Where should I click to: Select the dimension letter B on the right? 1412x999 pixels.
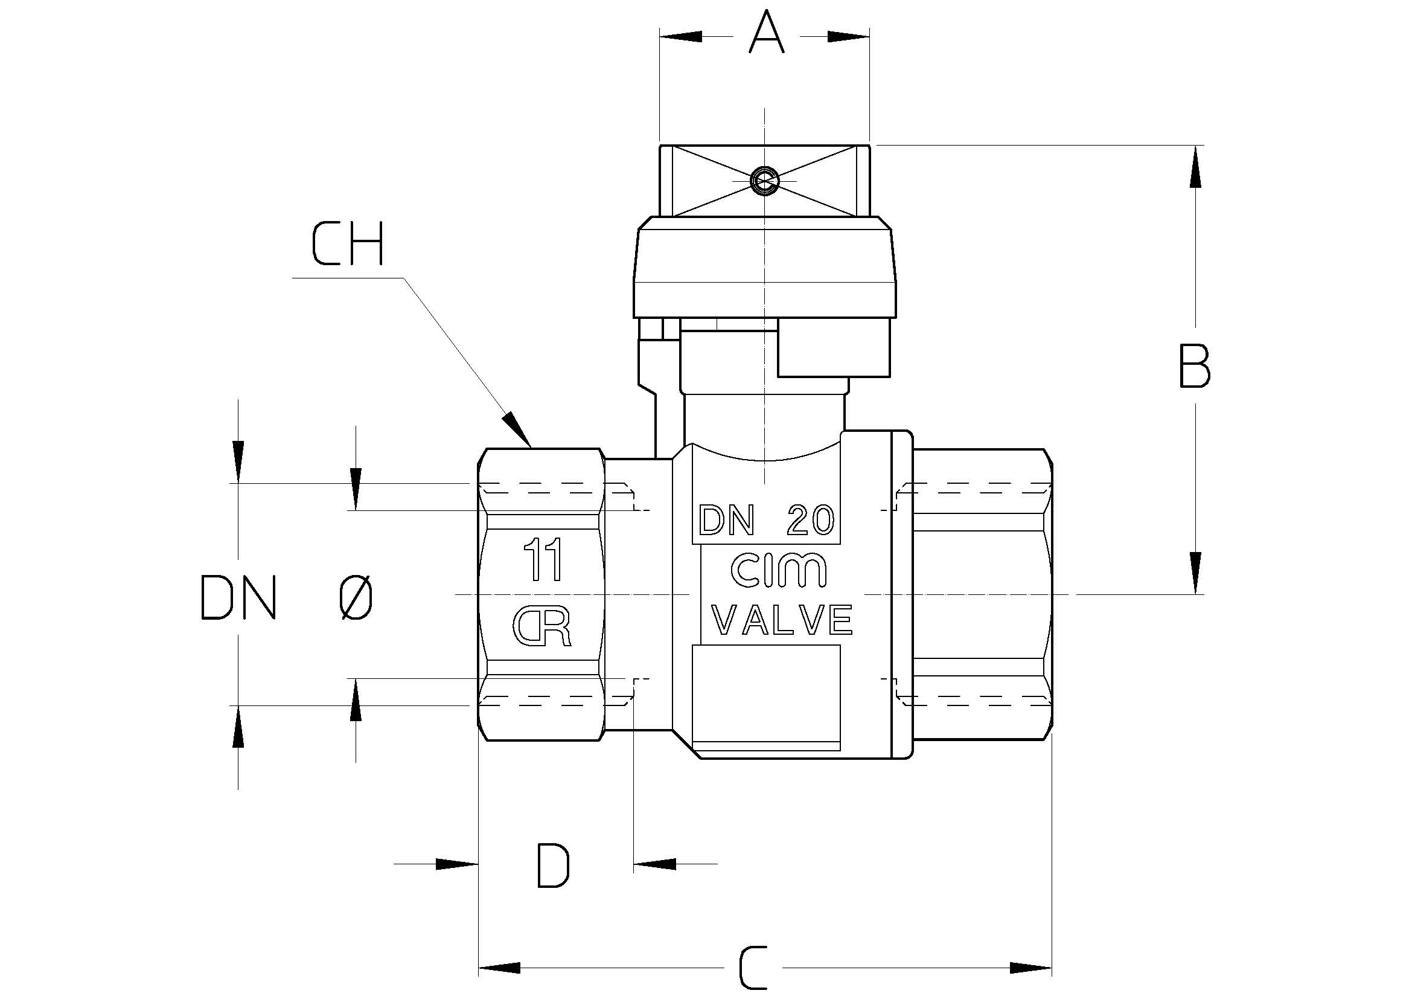coord(1194,366)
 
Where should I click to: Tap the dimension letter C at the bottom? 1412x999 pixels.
coord(754,968)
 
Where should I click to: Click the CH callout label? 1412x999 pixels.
coord(348,244)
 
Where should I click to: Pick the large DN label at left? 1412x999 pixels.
coord(238,597)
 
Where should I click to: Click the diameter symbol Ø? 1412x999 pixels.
coord(356,597)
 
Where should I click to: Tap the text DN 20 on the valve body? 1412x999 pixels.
coord(767,521)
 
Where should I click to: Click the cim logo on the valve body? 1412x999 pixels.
coord(778,570)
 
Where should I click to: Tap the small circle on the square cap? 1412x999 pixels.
coord(764,181)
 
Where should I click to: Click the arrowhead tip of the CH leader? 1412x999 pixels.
coord(531,446)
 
